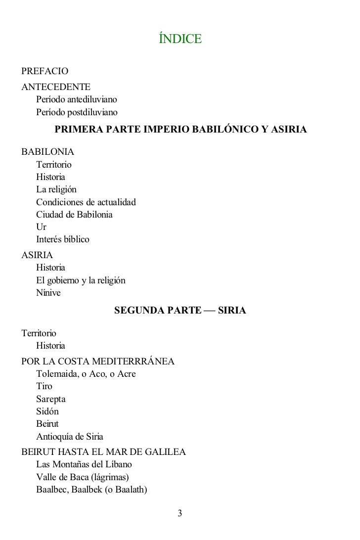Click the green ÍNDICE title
180,39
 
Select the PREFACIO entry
45,73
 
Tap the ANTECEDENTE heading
56,87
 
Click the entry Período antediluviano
76,99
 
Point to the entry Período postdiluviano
77,112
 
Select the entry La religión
56,189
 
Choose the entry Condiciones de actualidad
86,202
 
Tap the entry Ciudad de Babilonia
74,215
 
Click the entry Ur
41,227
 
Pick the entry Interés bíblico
63,240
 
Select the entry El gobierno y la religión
81,280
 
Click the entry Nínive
48,293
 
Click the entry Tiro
44,386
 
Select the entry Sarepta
51,399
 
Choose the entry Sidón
47,411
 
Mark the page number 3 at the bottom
180,513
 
